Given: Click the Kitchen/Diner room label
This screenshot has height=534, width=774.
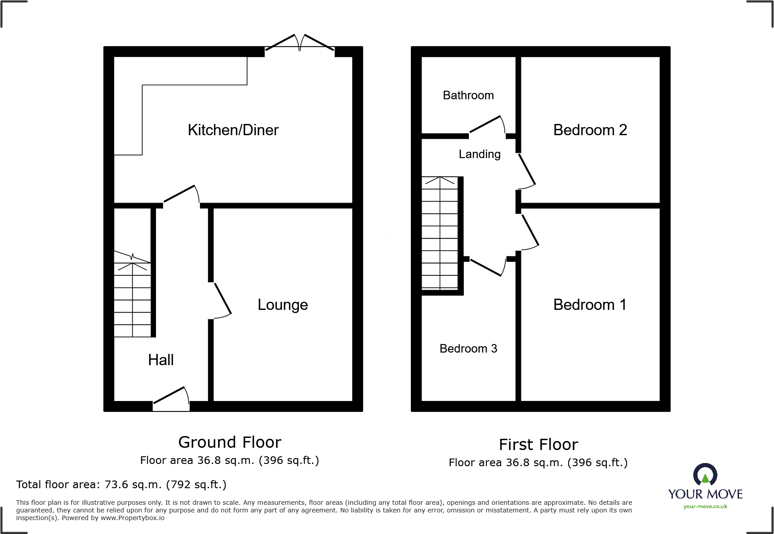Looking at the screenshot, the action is [x=233, y=130].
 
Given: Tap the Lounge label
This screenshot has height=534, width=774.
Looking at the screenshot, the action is [x=283, y=305].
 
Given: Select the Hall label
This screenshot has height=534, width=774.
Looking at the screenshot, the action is [x=160, y=360].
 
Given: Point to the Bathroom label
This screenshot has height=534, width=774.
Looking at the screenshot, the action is [x=468, y=95].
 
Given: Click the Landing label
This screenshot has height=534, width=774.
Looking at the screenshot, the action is [x=479, y=154].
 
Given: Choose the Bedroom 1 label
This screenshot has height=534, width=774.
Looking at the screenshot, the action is [x=590, y=305].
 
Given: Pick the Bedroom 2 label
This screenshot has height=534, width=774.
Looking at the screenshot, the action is [x=590, y=130].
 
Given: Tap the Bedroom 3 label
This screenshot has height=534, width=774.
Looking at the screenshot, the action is [x=468, y=349].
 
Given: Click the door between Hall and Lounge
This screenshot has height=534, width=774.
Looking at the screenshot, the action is [x=221, y=300].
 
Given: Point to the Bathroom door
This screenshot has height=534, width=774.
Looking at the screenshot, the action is [x=487, y=125].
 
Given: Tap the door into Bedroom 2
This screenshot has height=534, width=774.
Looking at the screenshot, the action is [x=526, y=171].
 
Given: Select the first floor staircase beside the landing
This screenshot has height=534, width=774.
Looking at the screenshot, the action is [x=440, y=233].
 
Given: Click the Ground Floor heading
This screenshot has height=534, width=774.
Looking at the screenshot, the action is [x=230, y=442].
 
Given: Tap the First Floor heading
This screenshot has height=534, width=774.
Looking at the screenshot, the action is [x=538, y=445].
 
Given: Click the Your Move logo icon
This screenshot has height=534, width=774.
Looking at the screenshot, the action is [x=705, y=475].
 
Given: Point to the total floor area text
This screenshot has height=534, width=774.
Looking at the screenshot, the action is [x=121, y=485].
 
